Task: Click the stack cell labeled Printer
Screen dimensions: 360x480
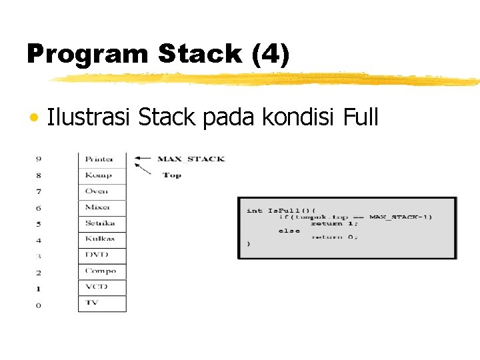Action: point(101,159)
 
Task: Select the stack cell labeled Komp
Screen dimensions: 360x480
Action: point(101,175)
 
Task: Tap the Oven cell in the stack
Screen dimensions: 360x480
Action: point(101,191)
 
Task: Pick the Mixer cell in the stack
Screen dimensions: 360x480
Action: point(101,207)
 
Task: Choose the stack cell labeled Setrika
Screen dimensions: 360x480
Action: point(101,223)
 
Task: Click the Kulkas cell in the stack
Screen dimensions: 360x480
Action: point(101,239)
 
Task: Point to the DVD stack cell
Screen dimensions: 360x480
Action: point(101,255)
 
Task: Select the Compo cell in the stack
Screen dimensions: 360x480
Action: point(101,271)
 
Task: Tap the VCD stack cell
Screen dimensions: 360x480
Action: point(101,287)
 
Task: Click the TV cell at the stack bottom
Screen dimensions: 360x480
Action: point(101,303)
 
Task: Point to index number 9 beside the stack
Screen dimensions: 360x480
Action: point(39,159)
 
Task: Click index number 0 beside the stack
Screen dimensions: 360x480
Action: point(39,305)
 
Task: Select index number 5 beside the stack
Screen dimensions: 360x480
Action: point(39,224)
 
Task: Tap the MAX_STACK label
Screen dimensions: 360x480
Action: point(191,159)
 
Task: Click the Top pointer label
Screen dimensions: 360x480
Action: point(172,175)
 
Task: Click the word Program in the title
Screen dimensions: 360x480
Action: point(87,55)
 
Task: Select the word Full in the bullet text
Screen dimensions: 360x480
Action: point(361,118)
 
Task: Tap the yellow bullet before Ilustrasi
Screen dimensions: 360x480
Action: point(33,119)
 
